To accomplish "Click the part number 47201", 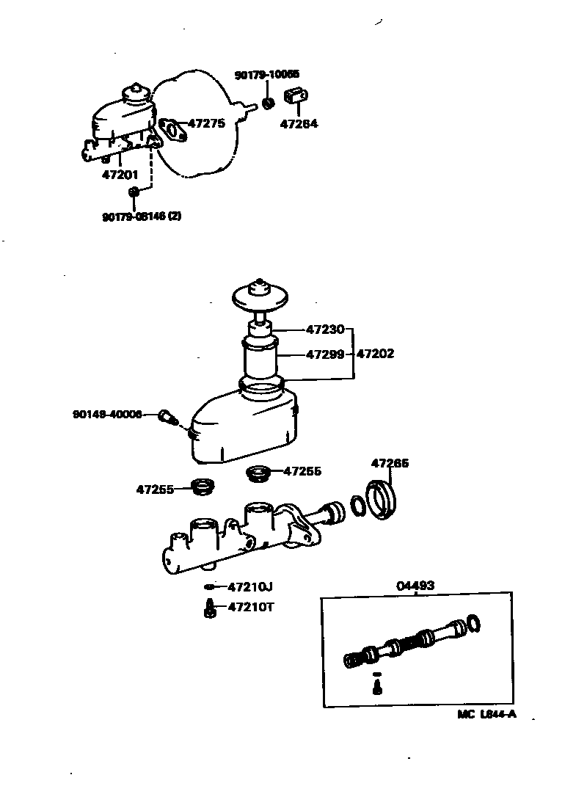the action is tap(120, 175).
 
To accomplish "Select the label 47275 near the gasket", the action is tap(206, 123).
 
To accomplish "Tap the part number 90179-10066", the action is tap(267, 75).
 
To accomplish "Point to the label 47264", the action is tap(299, 124).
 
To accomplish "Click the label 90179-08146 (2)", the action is tap(141, 216).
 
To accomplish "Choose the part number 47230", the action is tap(325, 330).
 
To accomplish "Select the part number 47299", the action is tap(325, 354).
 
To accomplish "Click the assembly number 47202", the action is tap(376, 354).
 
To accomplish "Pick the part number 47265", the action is tap(390, 463).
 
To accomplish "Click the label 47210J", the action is tap(250, 586).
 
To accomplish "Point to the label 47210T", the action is tap(250, 607).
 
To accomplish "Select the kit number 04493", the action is tap(415, 586).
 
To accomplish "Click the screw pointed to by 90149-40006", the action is tap(167, 418).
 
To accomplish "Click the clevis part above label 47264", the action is tap(297, 97).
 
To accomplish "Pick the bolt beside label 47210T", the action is tap(209, 608).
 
